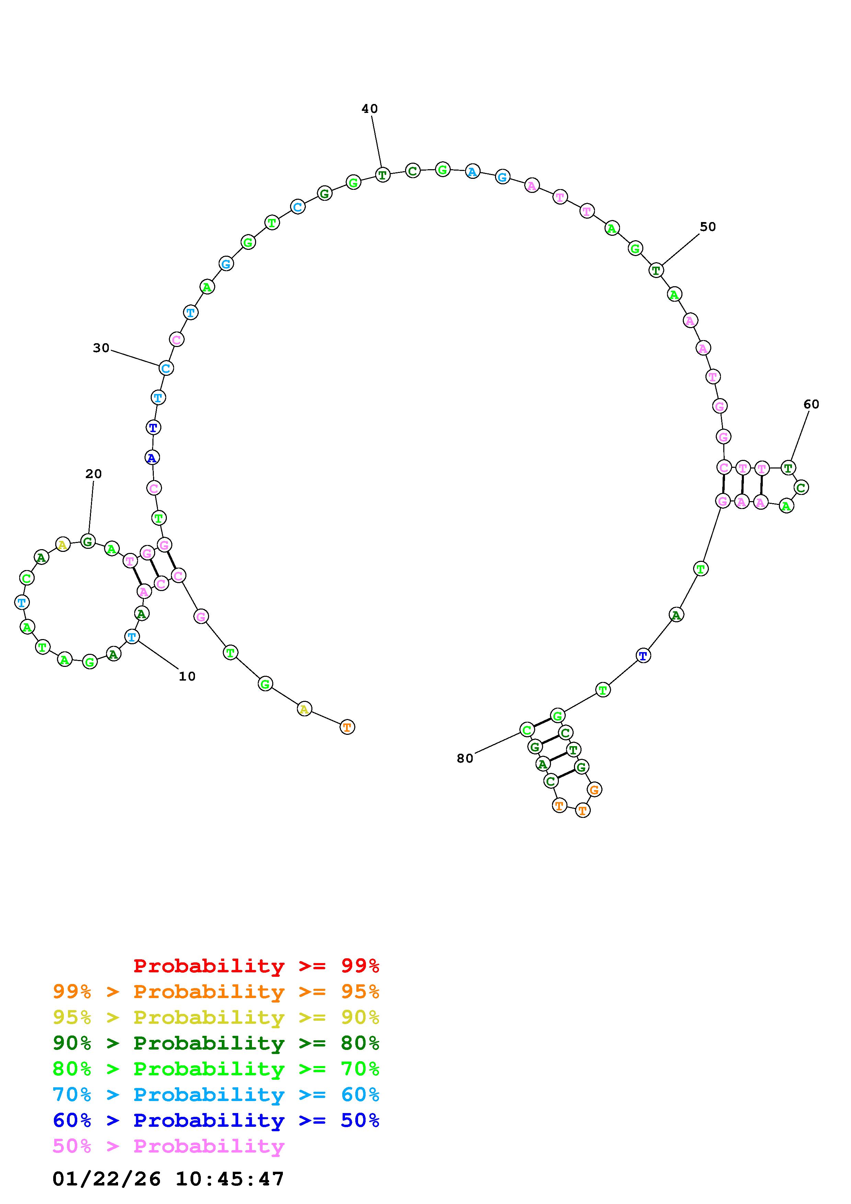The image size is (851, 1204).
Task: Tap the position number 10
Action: coord(187,676)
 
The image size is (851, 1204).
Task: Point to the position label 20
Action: coord(93,474)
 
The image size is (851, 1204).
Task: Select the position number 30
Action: coord(101,348)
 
